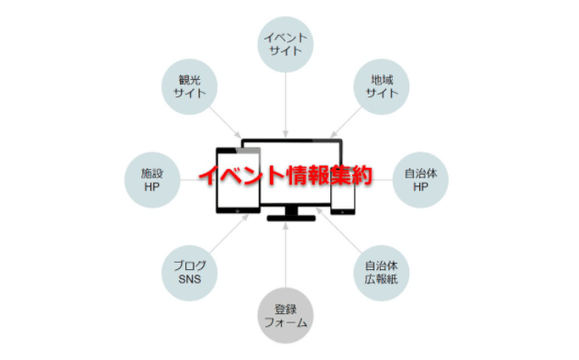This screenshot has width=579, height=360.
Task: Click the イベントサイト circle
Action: [x=286, y=43]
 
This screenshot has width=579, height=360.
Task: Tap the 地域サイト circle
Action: [x=380, y=85]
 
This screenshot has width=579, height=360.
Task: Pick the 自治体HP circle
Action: [x=419, y=179]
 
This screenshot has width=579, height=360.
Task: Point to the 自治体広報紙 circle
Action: [x=380, y=273]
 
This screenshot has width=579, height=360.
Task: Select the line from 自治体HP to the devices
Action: [x=376, y=179]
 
